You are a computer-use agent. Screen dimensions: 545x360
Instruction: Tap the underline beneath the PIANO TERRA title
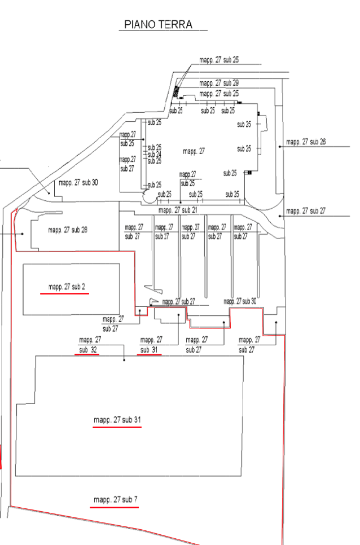click(164, 30)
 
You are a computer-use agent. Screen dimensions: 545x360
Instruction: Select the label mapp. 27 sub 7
click(116, 499)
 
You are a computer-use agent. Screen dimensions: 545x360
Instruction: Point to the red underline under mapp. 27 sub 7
click(114, 507)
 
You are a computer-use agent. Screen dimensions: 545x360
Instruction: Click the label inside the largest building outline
click(117, 420)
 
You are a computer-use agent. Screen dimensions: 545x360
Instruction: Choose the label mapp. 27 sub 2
click(67, 287)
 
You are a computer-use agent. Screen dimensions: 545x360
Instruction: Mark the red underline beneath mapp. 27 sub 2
click(65, 294)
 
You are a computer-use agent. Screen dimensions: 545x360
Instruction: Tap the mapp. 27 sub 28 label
click(68, 230)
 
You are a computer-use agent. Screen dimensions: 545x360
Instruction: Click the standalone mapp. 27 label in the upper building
click(194, 151)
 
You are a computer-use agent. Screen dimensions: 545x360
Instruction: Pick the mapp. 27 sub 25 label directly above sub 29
click(219, 59)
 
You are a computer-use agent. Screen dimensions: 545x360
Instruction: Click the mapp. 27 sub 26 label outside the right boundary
click(306, 141)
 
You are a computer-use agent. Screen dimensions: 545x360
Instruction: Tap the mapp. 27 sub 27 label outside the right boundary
click(306, 211)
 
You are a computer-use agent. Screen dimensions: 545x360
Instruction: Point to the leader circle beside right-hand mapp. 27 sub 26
click(281, 146)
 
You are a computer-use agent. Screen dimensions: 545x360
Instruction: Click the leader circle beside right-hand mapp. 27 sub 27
click(281, 216)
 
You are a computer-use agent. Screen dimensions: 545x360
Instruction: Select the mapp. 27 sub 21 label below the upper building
click(177, 210)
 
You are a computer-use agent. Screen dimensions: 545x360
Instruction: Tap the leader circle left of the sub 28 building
click(22, 234)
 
